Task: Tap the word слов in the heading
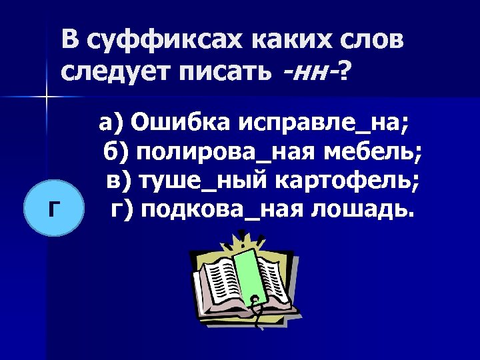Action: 368,41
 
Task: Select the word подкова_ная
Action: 213,210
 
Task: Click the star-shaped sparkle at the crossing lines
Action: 47,98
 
